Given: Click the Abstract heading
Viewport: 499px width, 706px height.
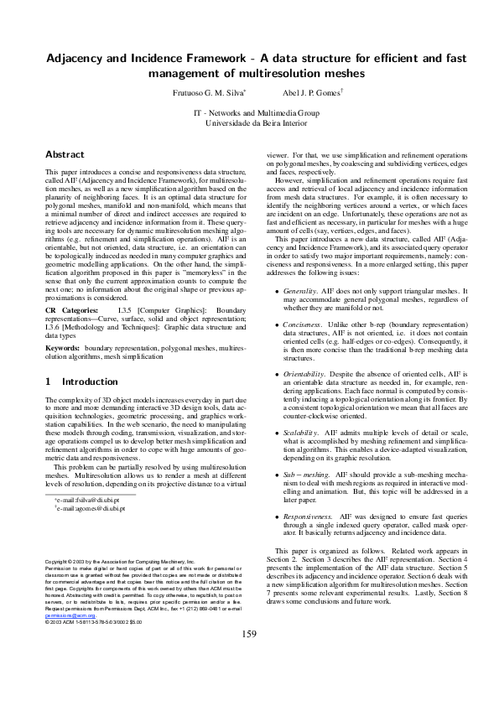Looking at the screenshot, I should point(65,155).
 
